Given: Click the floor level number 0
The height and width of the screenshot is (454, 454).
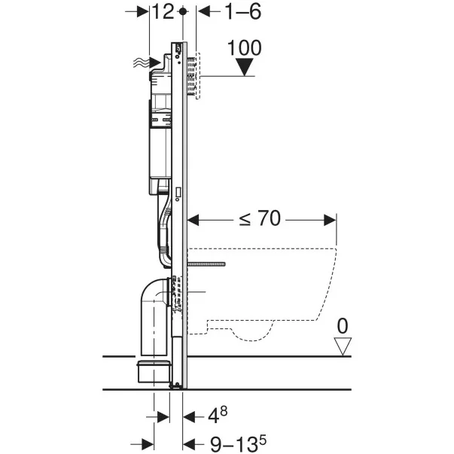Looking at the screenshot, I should point(343,328).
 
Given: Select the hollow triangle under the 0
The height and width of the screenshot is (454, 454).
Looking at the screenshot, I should point(343,346).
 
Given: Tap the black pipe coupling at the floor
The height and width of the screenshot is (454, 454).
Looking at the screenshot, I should point(154,370).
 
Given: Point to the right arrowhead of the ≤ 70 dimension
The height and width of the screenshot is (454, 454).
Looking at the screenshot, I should point(330,219).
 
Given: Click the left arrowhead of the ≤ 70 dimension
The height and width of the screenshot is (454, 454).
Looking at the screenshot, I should point(193,219).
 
